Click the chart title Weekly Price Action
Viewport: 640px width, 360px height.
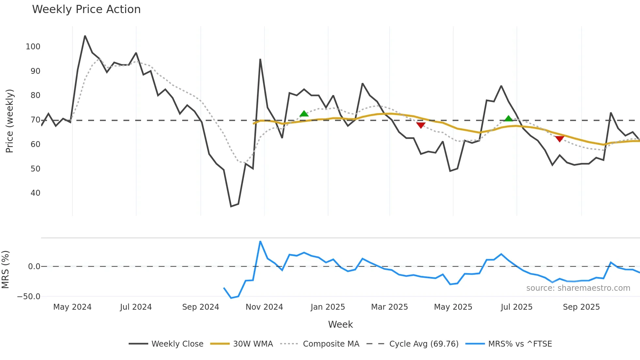pos(86,9)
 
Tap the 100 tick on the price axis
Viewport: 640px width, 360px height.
pos(33,47)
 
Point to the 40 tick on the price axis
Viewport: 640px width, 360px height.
pos(35,193)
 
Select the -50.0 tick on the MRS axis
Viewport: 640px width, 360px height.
pos(29,297)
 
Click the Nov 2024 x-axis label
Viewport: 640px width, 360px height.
pos(264,307)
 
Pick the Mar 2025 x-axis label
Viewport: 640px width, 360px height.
pos(389,307)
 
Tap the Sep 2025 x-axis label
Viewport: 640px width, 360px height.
pos(581,307)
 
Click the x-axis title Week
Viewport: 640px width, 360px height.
pos(340,324)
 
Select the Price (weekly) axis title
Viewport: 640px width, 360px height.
pos(9,121)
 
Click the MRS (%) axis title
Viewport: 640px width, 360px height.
pos(5,270)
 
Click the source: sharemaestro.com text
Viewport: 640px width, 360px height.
pos(578,288)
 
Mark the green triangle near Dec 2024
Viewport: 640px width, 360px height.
pos(304,114)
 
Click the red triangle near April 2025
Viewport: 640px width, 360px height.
pos(421,125)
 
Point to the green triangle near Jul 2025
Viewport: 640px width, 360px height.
pos(508,119)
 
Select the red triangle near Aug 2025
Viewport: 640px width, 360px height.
pos(559,139)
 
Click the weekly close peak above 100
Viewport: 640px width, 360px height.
pos(85,36)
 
